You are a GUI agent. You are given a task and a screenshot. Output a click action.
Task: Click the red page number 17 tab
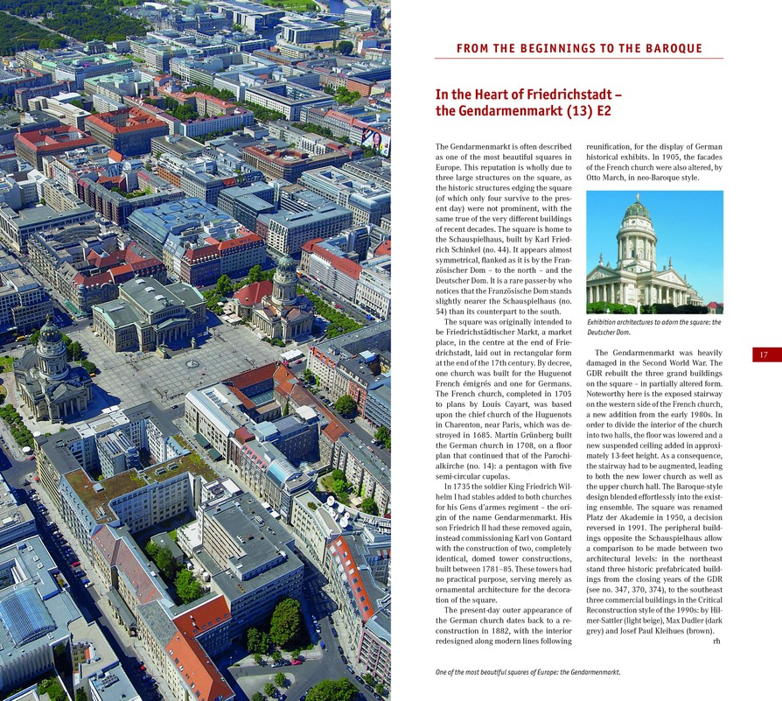click(764, 354)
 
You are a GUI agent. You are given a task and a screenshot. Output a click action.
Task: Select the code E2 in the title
click(604, 111)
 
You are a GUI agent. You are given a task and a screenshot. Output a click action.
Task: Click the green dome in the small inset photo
click(637, 209)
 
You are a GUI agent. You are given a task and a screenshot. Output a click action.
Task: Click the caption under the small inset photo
click(653, 327)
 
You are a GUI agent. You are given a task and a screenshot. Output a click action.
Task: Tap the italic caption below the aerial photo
click(527, 672)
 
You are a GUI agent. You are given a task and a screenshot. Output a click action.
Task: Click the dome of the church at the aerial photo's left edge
click(50, 335)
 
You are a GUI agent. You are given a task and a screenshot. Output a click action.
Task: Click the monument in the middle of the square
click(192, 361)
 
